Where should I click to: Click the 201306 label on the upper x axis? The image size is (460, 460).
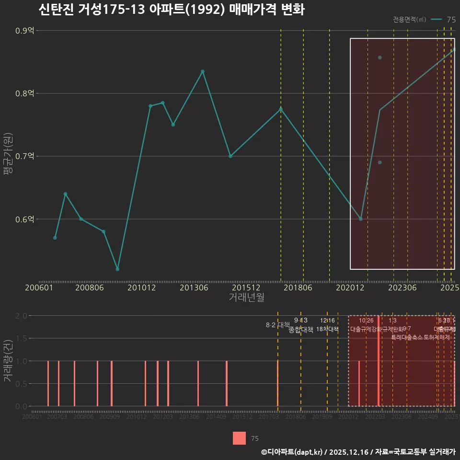tap(194, 288)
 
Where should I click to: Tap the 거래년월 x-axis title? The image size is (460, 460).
tap(246, 298)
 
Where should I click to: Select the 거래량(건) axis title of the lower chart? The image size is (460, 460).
tap(7, 361)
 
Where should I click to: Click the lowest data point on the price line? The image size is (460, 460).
tap(117, 269)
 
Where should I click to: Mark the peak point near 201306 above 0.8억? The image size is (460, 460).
tap(203, 71)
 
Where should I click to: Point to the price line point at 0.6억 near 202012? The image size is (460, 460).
tap(361, 219)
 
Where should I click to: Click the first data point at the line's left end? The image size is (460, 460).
tap(55, 238)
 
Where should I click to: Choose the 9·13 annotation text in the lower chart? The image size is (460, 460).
tap(300, 320)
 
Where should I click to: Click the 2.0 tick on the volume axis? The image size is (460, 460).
tap(21, 316)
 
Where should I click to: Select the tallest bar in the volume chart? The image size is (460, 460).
tap(379, 361)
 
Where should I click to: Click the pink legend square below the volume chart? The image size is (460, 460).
tap(239, 438)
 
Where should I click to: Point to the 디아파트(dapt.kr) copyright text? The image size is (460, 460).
tap(292, 452)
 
